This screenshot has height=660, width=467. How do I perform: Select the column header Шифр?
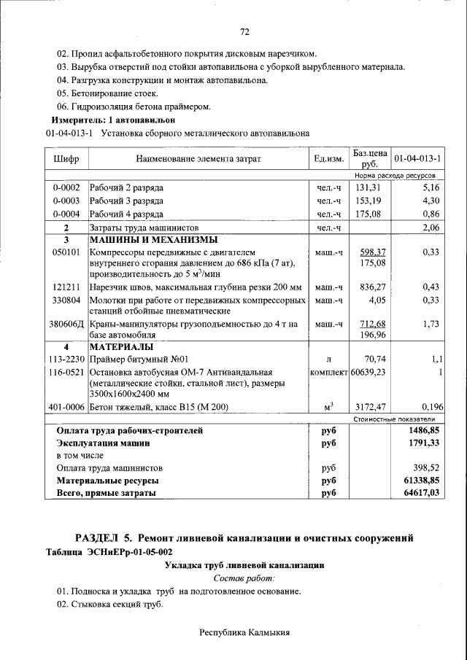pyautogui.click(x=66, y=159)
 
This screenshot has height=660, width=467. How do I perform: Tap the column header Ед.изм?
pyautogui.click(x=328, y=159)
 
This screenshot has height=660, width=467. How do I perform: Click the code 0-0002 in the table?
pyautogui.click(x=66, y=188)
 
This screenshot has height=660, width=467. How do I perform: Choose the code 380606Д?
pyautogui.click(x=66, y=324)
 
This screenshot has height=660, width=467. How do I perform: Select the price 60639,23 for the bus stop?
pyautogui.click(x=368, y=371)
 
